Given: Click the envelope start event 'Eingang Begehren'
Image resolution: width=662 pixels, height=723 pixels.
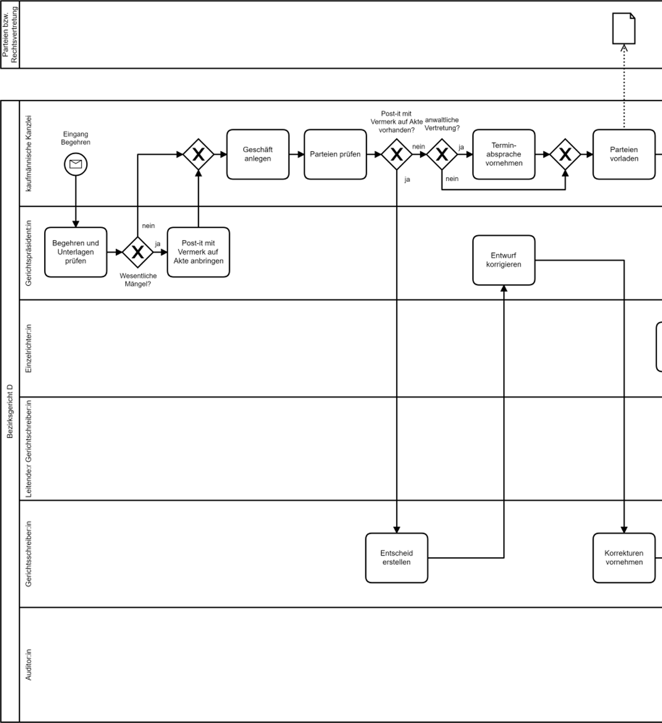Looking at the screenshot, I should coord(76,164).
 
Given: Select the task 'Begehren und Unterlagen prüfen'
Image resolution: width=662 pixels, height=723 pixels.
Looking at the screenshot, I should coord(76,252).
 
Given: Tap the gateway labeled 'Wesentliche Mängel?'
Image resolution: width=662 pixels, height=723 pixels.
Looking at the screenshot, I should coord(137,252).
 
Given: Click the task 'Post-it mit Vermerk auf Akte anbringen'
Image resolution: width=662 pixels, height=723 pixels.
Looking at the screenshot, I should coord(198,252).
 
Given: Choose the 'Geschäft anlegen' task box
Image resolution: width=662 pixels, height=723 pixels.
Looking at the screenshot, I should coord(258,154).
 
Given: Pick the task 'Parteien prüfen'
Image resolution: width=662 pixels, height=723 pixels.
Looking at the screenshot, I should coord(335,154).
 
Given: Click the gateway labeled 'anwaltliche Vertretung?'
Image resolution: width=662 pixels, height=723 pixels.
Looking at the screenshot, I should coord(441,155).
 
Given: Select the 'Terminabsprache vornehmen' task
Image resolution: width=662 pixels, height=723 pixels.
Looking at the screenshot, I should coord(503,154).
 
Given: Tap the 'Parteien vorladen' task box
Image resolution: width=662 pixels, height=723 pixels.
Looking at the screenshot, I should coord(624,154).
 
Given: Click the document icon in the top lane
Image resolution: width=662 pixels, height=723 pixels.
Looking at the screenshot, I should coord(624,29).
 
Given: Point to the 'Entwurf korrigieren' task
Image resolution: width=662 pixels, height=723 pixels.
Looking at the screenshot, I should coord(503,260).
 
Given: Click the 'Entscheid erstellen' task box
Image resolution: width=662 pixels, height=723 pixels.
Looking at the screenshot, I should coord(396,558).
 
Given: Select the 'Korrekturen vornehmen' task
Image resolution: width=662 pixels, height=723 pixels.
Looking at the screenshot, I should coord(624,558).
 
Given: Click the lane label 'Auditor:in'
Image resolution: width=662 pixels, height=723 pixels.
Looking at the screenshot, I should coord(29,664).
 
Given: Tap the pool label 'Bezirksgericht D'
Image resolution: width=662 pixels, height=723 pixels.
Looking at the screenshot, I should coord(10,411).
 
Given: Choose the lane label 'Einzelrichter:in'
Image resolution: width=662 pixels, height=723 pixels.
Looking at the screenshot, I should coord(29,348).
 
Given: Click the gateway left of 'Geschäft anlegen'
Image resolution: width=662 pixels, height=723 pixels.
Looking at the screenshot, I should coord(198,155).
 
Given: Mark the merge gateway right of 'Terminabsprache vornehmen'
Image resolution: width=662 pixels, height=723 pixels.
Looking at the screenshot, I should coord(565,155).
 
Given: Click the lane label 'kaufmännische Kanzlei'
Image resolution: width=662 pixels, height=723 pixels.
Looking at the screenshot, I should coord(29,153).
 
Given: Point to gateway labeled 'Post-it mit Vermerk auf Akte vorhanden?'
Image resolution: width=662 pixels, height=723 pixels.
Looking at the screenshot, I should coord(396,155).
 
